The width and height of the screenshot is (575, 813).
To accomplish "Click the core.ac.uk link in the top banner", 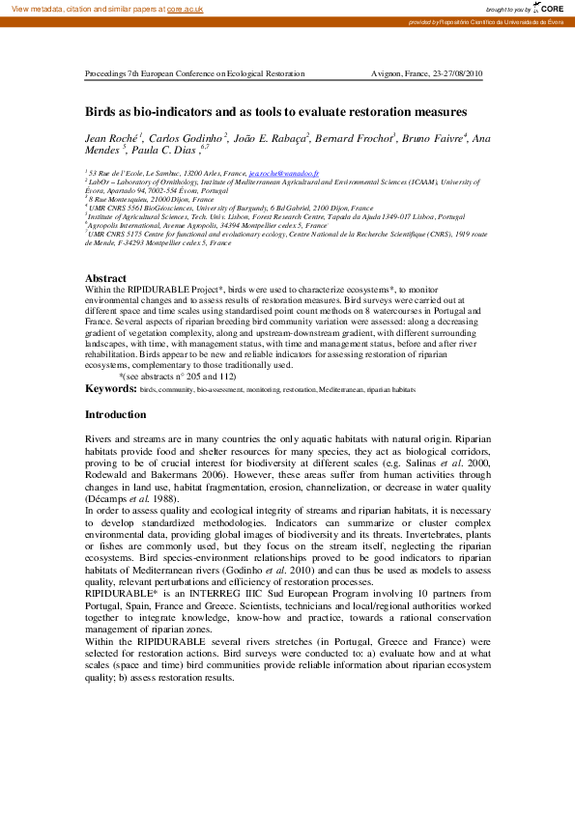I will coord(185,8).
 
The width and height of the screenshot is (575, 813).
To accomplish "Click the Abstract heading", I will coord(105,278).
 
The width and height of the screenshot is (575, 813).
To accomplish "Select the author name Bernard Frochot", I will coord(358,139).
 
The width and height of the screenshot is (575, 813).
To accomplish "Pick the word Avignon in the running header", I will coord(387,74).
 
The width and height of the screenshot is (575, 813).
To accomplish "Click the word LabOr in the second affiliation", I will coord(99,180).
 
